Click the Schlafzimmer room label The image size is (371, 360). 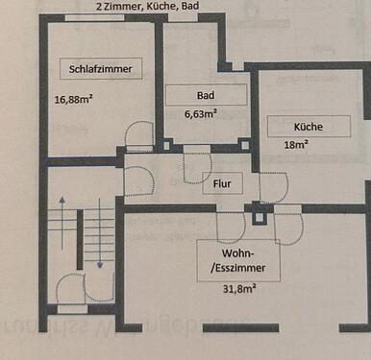coord(100,68)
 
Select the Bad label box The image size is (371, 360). coord(206,95)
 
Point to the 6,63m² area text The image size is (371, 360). coord(200,113)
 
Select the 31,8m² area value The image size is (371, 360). coord(236,288)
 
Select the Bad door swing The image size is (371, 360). coord(195,159)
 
